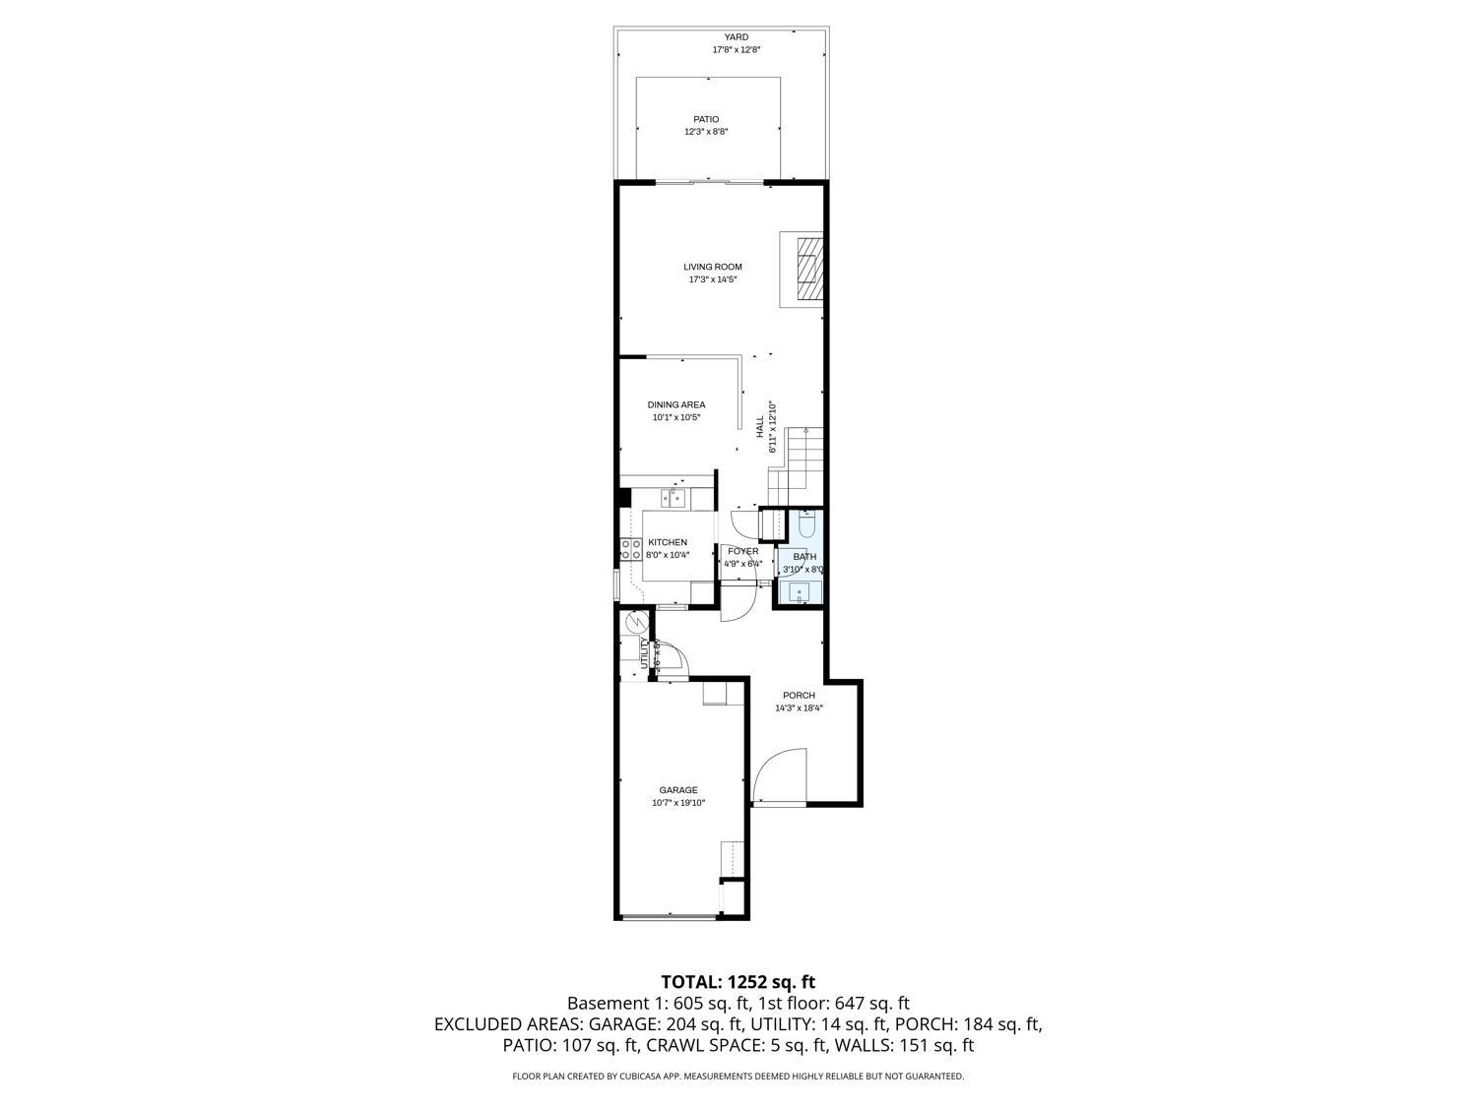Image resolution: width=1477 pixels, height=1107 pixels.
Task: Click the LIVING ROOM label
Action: coord(713,267)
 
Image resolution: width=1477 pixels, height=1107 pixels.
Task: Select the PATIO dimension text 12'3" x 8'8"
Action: coord(706,132)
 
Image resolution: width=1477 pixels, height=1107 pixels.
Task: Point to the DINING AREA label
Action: coord(676,404)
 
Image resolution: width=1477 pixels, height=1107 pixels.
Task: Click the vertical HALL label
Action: coord(760,426)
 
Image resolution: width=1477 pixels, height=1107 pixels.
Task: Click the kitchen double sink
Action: coord(675,498)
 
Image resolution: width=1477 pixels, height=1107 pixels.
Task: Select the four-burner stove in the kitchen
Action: coord(630,550)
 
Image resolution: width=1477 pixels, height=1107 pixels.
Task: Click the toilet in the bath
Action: coord(807,524)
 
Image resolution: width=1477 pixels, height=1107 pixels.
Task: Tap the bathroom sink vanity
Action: coord(798,590)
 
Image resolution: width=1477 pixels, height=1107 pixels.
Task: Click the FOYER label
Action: coord(743,551)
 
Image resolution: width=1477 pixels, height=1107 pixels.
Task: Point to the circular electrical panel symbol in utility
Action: coord(636,622)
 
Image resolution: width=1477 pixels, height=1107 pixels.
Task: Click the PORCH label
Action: coord(799,695)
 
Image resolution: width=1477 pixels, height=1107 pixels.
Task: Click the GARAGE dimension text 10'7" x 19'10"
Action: coord(678,803)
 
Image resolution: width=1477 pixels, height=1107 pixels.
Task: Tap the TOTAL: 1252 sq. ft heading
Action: coord(738,981)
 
